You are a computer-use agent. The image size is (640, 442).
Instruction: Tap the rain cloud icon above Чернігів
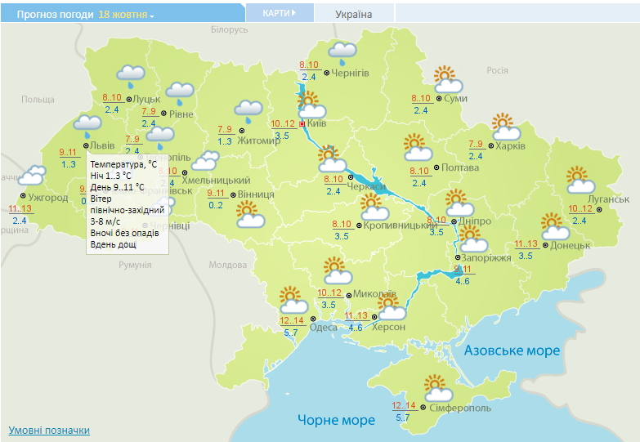342,53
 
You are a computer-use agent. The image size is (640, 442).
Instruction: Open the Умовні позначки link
49,430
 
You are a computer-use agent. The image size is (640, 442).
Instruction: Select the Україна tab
354,15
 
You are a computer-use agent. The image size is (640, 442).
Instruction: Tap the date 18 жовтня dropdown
126,15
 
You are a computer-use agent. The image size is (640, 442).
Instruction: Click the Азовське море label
512,350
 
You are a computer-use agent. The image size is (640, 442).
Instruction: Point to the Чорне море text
336,420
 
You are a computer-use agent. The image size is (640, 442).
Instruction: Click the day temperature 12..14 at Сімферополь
404,406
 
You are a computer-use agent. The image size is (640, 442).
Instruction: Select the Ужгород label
47,198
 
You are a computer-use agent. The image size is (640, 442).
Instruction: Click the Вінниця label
257,194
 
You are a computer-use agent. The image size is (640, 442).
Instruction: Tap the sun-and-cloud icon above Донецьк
556,225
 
